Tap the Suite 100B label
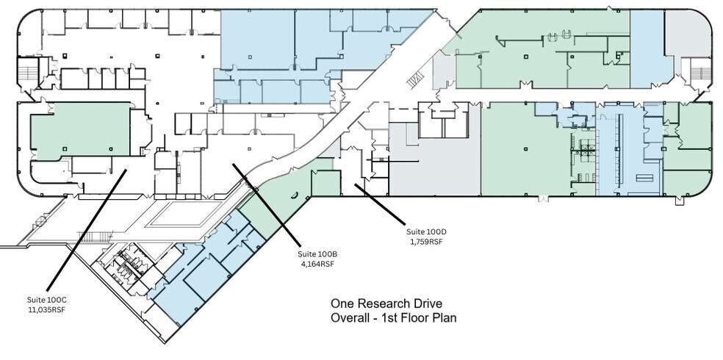[317, 253]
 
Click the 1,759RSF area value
[425, 241]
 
